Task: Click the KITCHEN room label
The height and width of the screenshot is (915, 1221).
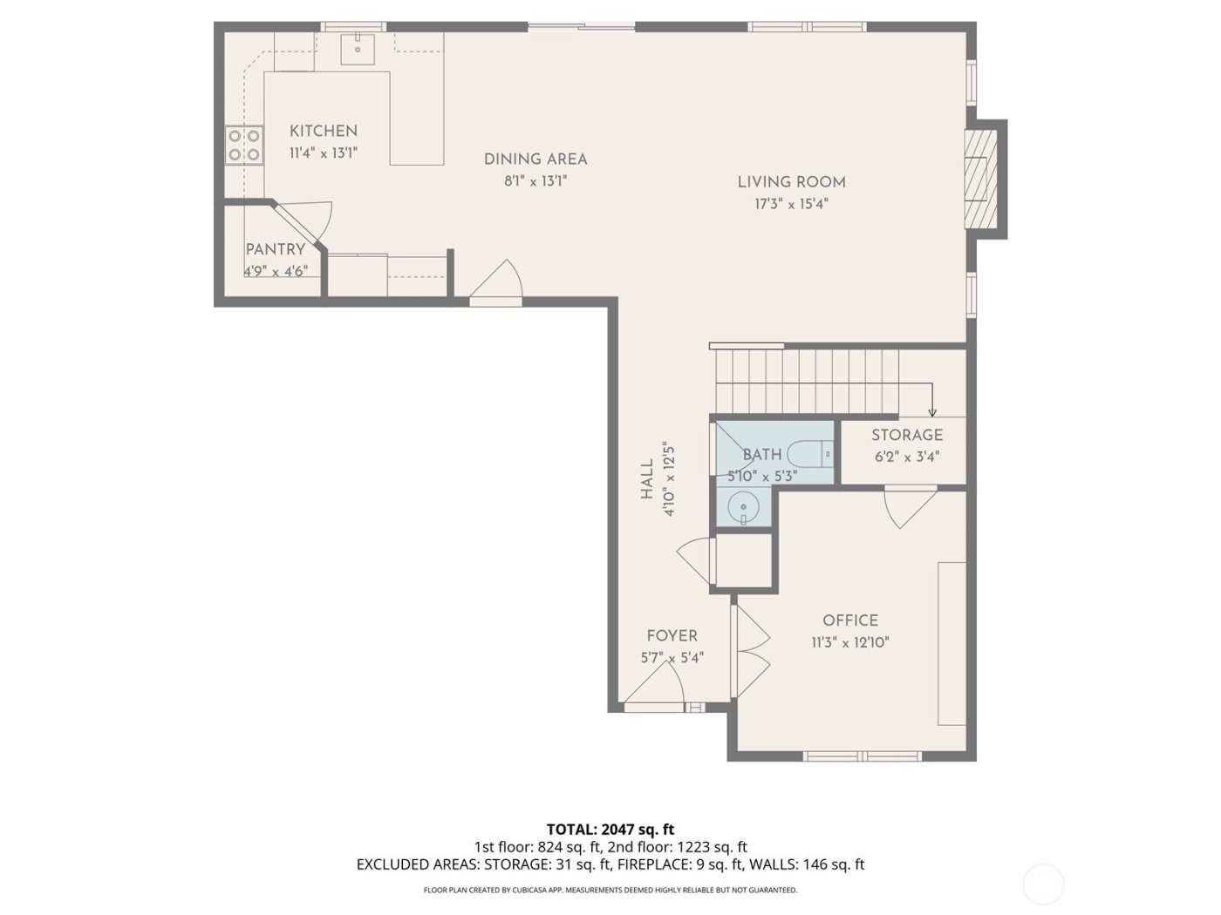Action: (x=324, y=131)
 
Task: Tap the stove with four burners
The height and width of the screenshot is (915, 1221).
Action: (x=244, y=146)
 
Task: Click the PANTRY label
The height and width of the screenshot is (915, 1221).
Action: (x=275, y=250)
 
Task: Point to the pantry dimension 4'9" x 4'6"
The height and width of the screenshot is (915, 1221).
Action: (x=275, y=271)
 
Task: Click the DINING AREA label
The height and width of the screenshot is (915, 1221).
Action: (x=535, y=159)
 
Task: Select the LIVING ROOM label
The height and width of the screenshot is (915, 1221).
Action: (x=791, y=182)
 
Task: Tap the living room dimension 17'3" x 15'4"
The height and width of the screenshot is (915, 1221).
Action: (x=791, y=205)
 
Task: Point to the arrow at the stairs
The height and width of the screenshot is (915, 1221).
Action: (x=931, y=410)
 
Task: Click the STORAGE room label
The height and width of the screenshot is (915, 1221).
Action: (x=907, y=435)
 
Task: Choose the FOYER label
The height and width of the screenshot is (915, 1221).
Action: (x=672, y=636)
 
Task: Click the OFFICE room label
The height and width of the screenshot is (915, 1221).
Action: (x=850, y=620)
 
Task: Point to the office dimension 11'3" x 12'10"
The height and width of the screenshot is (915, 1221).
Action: (x=850, y=643)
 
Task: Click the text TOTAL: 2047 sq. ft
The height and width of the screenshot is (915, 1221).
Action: (x=610, y=829)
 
